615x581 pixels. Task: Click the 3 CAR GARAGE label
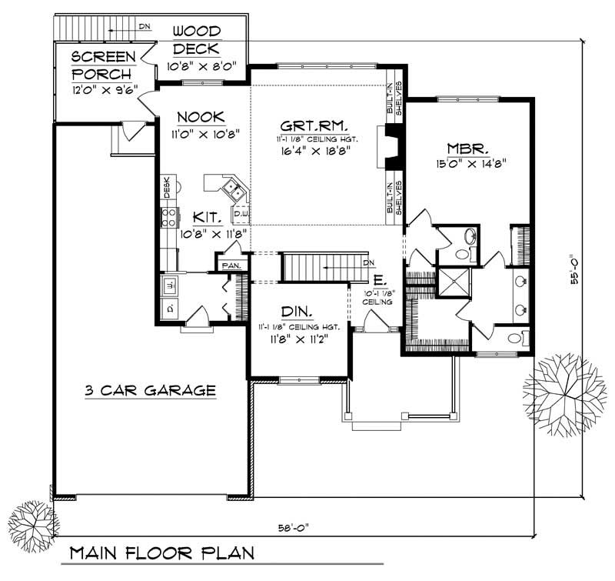pyautogui.click(x=150, y=391)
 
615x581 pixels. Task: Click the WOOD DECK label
pyautogui.click(x=196, y=41)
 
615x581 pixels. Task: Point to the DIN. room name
pyautogui.click(x=296, y=312)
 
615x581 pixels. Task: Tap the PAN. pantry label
pyautogui.click(x=231, y=265)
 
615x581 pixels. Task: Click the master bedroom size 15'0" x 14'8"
pyautogui.click(x=467, y=164)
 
